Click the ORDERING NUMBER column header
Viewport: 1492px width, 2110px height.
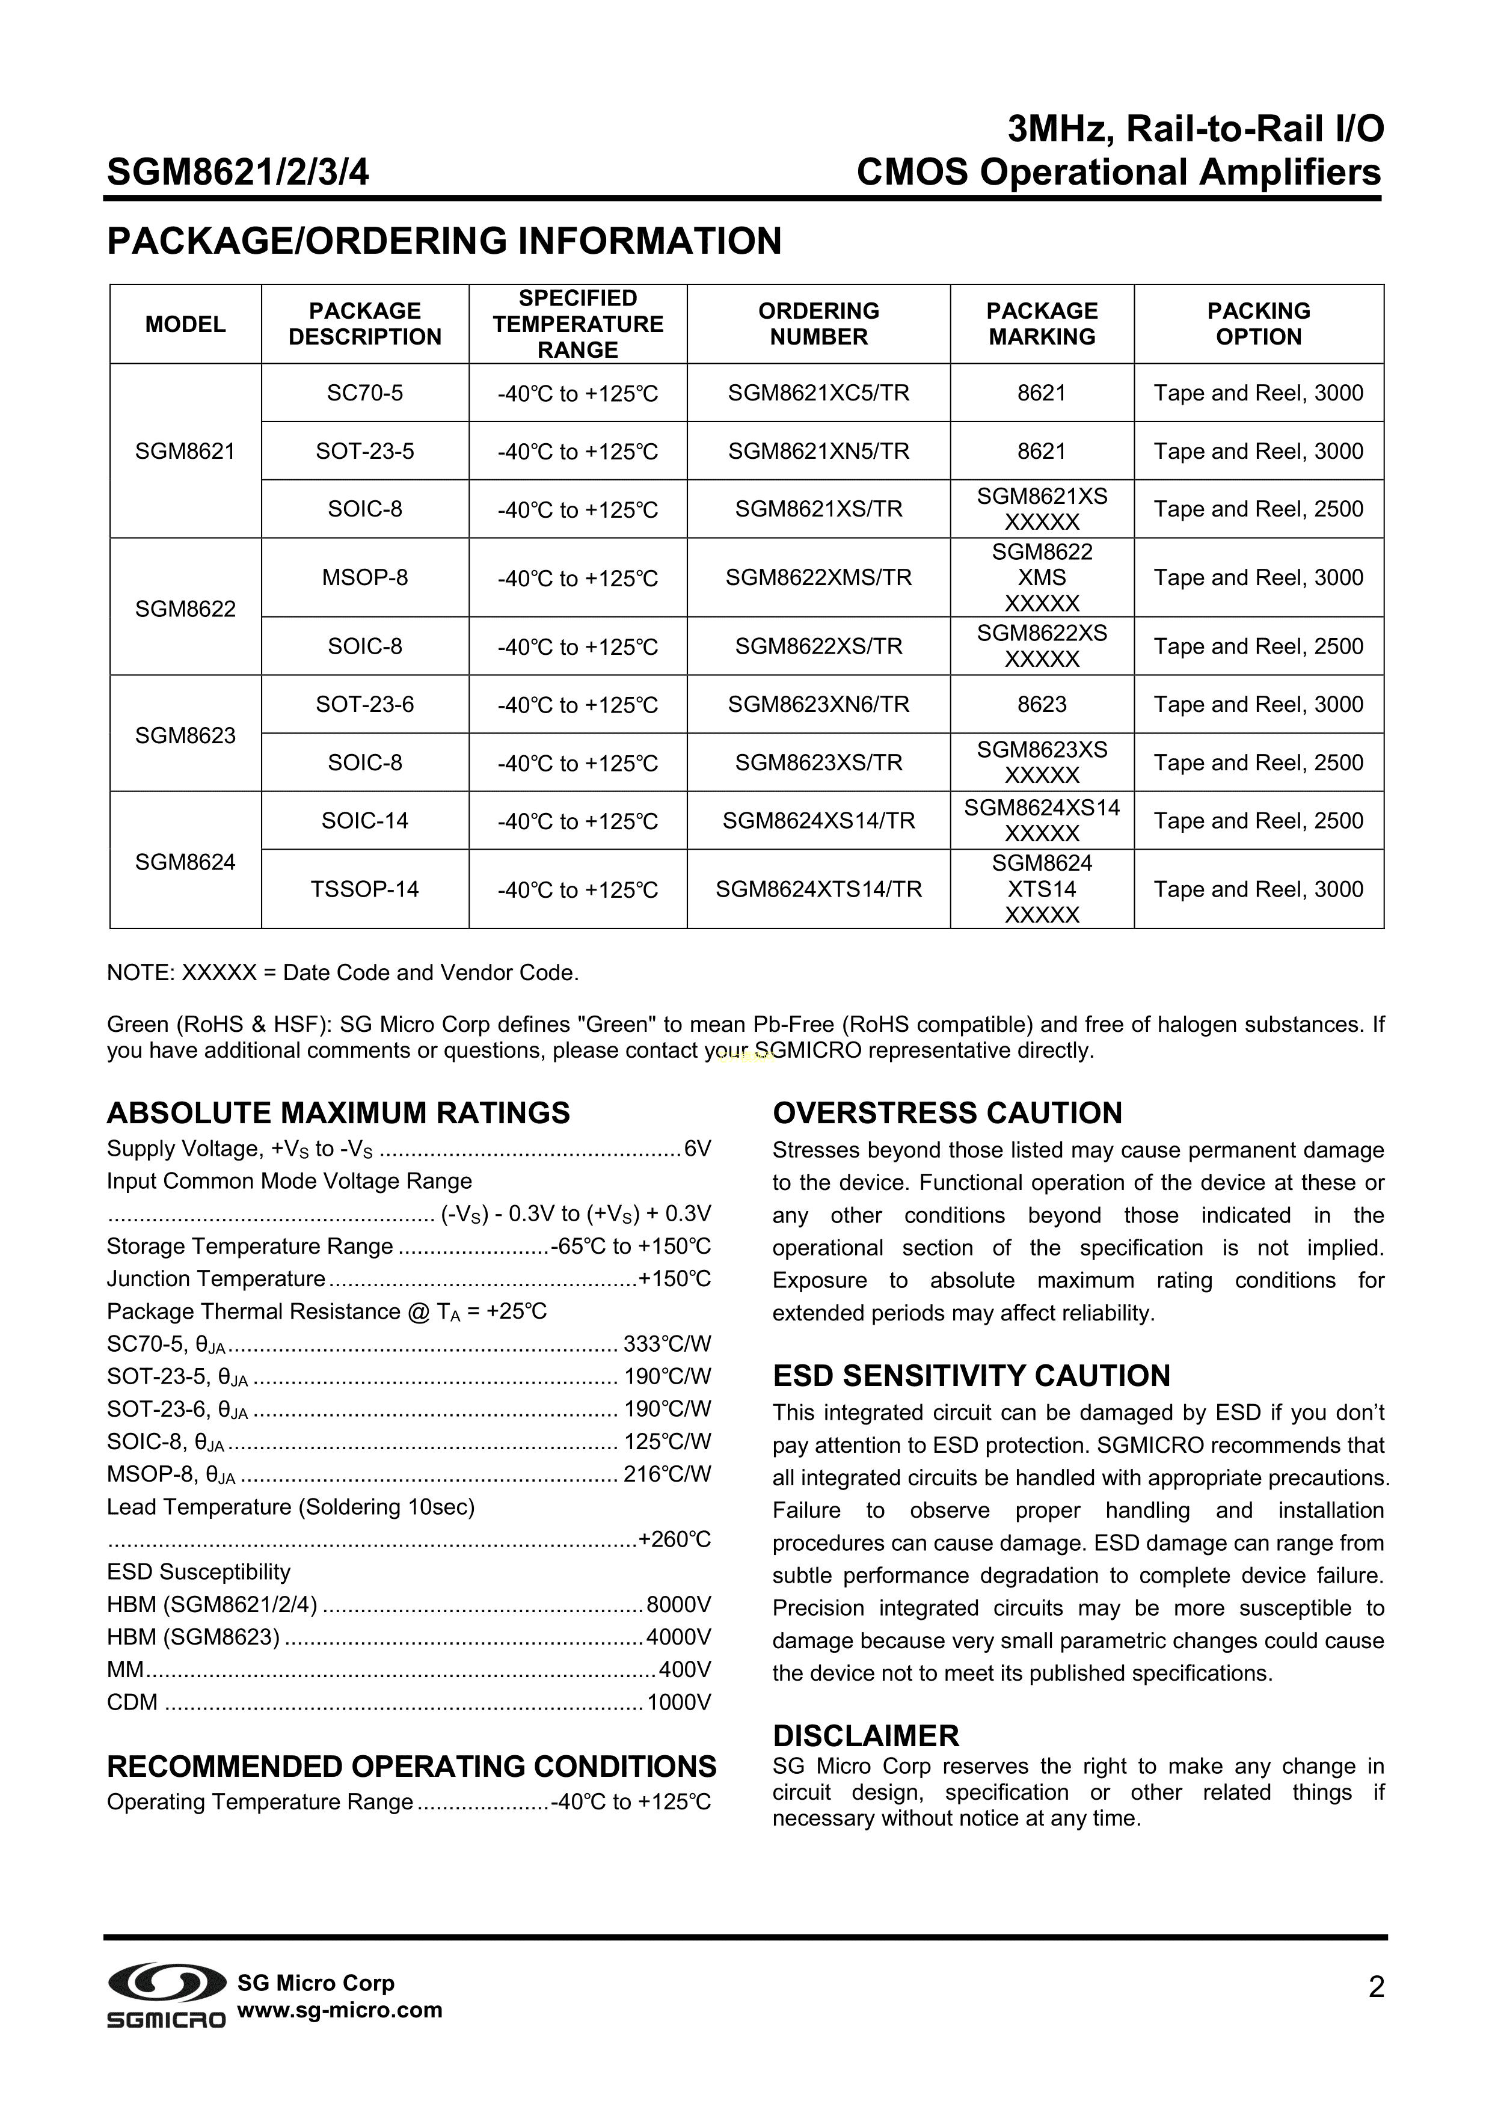tap(818, 324)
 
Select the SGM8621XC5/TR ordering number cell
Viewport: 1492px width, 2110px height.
tap(818, 393)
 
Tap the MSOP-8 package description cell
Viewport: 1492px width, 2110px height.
tap(365, 578)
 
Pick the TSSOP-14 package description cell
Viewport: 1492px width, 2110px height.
tap(365, 889)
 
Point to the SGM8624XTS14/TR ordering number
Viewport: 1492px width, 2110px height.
tap(818, 889)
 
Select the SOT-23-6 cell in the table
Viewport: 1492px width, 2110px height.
tap(365, 705)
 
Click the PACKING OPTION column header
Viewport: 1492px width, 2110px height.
tap(1259, 324)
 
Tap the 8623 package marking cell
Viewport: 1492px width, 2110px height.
tap(1042, 705)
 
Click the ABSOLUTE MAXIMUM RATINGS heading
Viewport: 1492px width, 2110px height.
tap(339, 1113)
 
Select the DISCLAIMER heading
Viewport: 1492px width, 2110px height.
tap(866, 1736)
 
